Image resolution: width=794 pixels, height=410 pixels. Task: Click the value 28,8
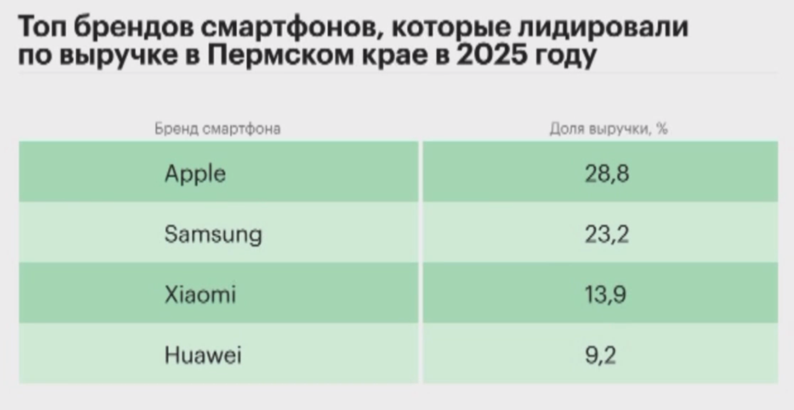point(607,173)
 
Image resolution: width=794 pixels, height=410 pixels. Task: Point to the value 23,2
point(607,234)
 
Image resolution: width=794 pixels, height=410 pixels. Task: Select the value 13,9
point(605,294)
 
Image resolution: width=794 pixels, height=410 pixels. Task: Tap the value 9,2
point(600,355)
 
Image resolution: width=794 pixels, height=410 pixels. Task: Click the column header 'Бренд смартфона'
point(217,129)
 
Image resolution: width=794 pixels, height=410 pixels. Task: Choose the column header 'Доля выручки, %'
point(609,129)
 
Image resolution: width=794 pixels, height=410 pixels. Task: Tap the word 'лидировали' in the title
point(602,27)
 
